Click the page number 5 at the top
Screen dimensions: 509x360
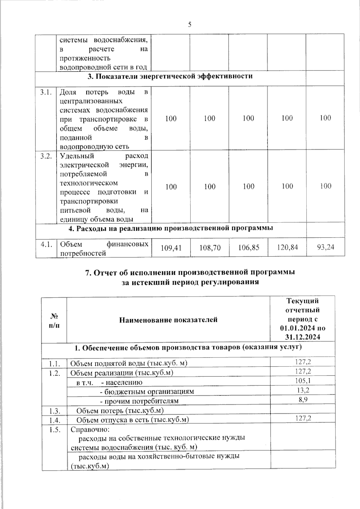pos(190,25)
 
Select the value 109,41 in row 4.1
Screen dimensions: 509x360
pos(171,248)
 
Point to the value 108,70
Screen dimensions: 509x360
pos(210,248)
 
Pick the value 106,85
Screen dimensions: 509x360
pos(248,248)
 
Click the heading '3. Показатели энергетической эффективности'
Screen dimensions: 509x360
pos(170,76)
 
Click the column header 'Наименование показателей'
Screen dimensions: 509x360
pos(168,320)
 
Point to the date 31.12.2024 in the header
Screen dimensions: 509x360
pos(302,337)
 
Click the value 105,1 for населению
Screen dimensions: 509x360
pos(303,381)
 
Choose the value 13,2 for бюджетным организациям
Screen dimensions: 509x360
pos(303,390)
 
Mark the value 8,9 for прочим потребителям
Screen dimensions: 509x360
pos(303,400)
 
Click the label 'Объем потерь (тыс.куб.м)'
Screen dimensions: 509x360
pos(120,410)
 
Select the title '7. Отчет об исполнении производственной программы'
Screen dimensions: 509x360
pos(190,272)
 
